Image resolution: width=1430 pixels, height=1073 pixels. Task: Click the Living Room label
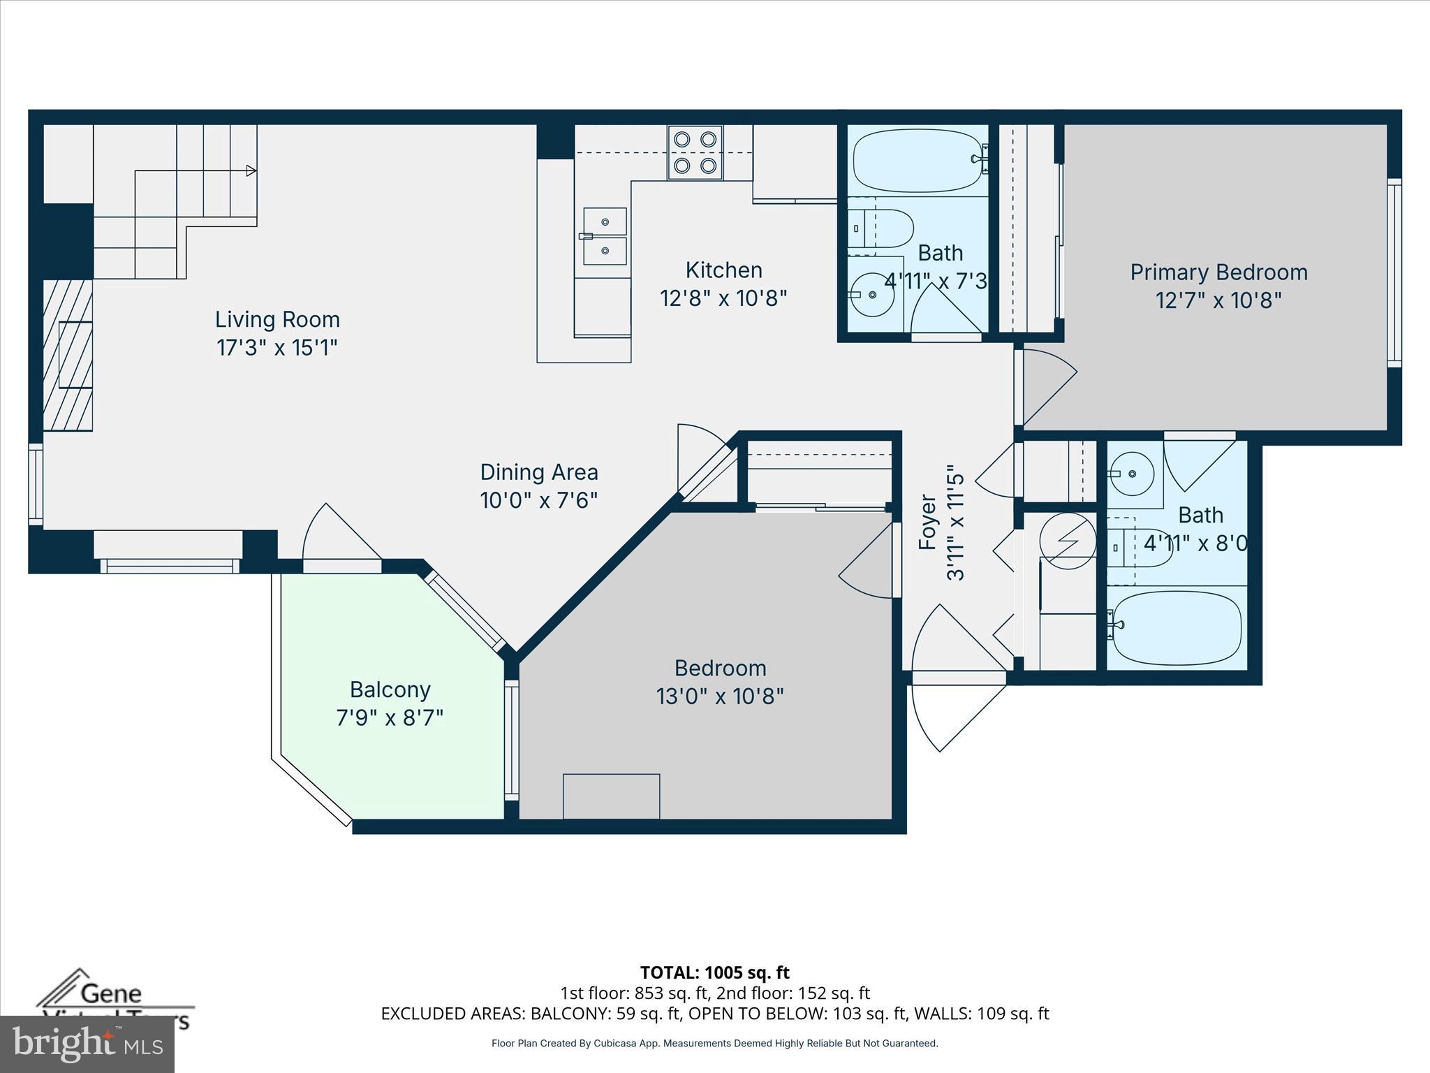(277, 319)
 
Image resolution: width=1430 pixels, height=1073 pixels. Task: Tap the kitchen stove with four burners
(695, 152)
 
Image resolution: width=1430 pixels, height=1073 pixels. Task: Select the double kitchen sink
(605, 236)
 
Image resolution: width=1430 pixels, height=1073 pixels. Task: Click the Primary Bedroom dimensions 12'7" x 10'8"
(1218, 300)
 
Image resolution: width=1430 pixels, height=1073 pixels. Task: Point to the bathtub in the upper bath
(917, 160)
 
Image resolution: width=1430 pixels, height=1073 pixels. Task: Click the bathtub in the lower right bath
(1177, 627)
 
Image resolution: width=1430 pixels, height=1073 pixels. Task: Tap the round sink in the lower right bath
(1132, 474)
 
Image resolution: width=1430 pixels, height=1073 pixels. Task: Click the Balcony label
(390, 689)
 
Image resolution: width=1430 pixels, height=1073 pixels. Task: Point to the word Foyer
(927, 523)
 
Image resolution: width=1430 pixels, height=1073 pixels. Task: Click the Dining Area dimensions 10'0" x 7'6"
(538, 500)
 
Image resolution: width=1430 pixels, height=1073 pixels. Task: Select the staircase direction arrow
(251, 170)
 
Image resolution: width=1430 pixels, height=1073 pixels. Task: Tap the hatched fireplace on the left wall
(68, 355)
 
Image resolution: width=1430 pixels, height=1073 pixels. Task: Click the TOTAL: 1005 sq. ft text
(714, 972)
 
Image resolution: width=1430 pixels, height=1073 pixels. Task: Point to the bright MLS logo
(87, 1044)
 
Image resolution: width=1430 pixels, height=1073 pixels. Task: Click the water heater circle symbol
(1067, 541)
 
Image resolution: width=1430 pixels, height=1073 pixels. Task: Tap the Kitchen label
(723, 270)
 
